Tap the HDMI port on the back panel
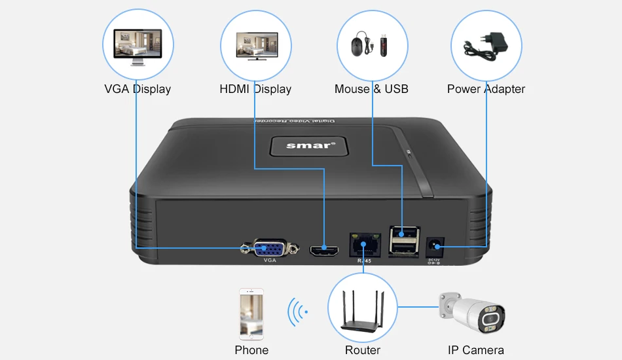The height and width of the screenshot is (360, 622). [323, 249]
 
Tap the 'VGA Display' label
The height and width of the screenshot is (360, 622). [137, 89]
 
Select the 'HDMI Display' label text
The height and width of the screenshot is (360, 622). [255, 89]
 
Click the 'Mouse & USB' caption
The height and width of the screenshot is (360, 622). [371, 89]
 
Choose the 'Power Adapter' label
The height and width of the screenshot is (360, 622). [486, 89]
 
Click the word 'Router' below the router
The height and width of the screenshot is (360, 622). [363, 350]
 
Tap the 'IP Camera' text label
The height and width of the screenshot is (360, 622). [476, 350]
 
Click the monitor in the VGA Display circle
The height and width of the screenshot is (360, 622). [138, 46]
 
